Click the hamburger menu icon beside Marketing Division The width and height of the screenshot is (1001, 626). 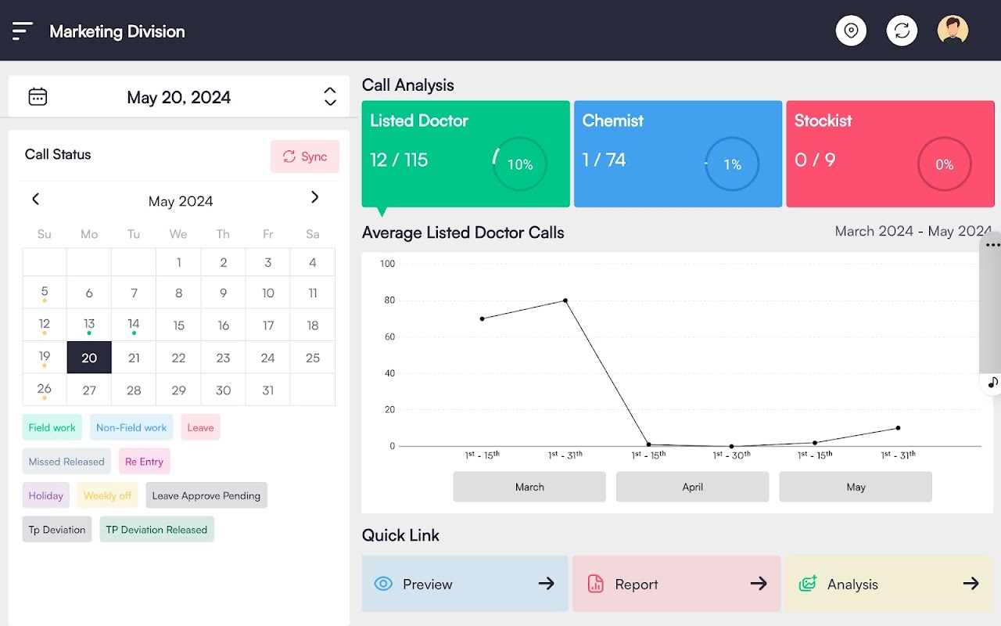[x=23, y=31]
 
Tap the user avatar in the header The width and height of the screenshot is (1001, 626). [x=953, y=31]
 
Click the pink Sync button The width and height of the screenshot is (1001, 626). [x=305, y=156]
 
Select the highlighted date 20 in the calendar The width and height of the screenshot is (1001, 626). [x=89, y=358]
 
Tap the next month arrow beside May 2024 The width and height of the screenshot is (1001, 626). [x=314, y=198]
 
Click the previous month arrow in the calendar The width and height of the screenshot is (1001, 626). [x=35, y=199]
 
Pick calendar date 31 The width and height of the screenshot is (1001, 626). [x=268, y=390]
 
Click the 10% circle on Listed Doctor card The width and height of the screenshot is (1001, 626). [x=519, y=164]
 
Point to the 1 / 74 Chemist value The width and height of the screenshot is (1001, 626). [x=604, y=160]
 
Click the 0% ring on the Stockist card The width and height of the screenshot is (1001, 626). [x=944, y=164]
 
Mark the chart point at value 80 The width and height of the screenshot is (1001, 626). [x=565, y=300]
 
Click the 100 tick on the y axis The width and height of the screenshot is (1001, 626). [x=388, y=264]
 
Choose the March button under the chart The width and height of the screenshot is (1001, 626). [x=529, y=487]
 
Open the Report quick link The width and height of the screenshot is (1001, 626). [x=676, y=584]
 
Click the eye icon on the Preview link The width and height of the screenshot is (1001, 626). [x=383, y=584]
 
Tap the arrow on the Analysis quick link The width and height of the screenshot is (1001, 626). [x=971, y=584]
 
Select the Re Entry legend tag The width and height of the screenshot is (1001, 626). [x=145, y=462]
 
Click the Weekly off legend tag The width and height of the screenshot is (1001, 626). [x=107, y=495]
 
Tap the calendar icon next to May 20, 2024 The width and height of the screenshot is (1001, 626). [x=38, y=97]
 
